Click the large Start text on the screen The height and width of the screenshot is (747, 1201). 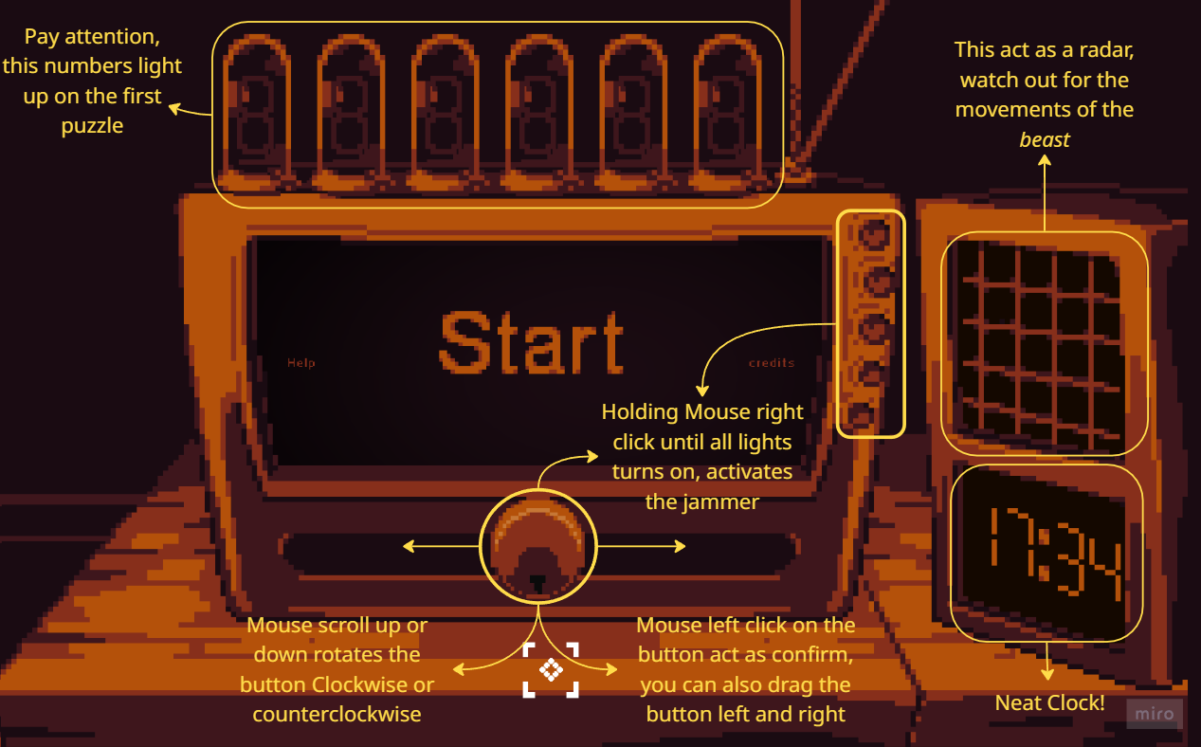tap(532, 342)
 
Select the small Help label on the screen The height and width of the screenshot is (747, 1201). tap(301, 363)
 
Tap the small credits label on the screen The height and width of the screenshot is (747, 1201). tap(772, 363)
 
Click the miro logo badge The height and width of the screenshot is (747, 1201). tap(1155, 714)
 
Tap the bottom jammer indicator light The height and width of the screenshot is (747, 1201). tap(862, 416)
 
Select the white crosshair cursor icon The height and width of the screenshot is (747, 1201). tap(551, 669)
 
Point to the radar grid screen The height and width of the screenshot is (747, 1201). tap(1043, 342)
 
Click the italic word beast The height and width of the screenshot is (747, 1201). tap(1044, 139)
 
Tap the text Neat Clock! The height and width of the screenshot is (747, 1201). tap(1049, 703)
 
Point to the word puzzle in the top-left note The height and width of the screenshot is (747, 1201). tap(93, 126)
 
